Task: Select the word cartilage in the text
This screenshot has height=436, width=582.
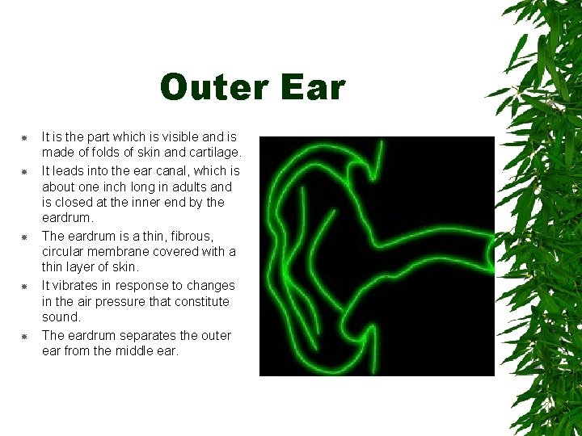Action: click(x=213, y=153)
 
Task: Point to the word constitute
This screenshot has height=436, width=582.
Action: click(x=201, y=301)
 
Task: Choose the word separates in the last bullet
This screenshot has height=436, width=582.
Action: click(x=148, y=335)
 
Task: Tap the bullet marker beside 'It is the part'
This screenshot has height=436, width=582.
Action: click(x=25, y=138)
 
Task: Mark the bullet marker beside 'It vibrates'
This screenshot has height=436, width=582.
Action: click(x=25, y=286)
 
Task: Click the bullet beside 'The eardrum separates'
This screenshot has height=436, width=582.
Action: click(x=25, y=336)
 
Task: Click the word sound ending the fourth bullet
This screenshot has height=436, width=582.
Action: click(x=61, y=317)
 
